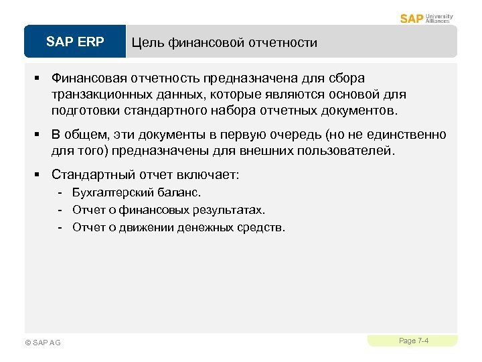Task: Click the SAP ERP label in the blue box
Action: (x=75, y=42)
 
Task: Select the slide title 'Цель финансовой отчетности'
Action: (x=224, y=43)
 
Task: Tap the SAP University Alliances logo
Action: (x=426, y=18)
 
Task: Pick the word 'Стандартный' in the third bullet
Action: (x=93, y=175)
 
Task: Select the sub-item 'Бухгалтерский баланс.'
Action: (x=137, y=193)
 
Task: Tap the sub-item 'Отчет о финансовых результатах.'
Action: (x=169, y=210)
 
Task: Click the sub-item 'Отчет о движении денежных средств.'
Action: (x=179, y=227)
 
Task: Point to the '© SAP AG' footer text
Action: (x=42, y=343)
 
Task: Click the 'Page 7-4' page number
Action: (x=413, y=341)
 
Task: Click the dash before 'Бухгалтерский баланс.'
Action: (x=61, y=193)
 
